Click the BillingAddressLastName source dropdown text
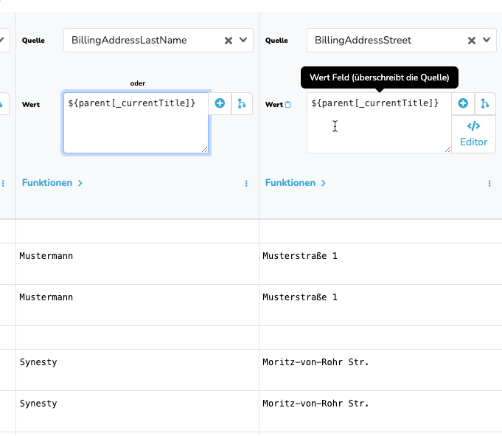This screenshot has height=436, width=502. click(x=129, y=40)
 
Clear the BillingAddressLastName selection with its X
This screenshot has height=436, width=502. click(x=229, y=41)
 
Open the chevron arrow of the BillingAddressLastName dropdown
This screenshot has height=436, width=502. click(x=243, y=40)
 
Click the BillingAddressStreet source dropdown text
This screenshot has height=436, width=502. click(x=363, y=40)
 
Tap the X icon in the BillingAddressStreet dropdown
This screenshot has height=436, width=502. click(x=472, y=41)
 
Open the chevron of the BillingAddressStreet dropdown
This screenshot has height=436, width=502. click(x=487, y=40)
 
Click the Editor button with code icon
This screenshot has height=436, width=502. click(x=473, y=134)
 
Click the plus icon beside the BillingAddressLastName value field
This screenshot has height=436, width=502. click(x=220, y=103)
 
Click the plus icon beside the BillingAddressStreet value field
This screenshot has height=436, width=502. click(x=463, y=103)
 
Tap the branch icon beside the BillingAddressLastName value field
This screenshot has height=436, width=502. click(x=242, y=103)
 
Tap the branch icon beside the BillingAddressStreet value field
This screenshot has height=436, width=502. click(x=485, y=103)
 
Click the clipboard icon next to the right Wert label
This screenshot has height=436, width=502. click(x=287, y=105)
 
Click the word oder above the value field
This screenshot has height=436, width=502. click(x=138, y=83)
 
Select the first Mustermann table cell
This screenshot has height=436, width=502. click(x=46, y=256)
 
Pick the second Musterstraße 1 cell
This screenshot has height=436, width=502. click(x=300, y=297)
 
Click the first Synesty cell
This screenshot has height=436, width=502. click(x=38, y=362)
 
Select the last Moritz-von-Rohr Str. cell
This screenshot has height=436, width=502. click(x=316, y=404)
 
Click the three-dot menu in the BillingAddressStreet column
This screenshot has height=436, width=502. click(x=489, y=183)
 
